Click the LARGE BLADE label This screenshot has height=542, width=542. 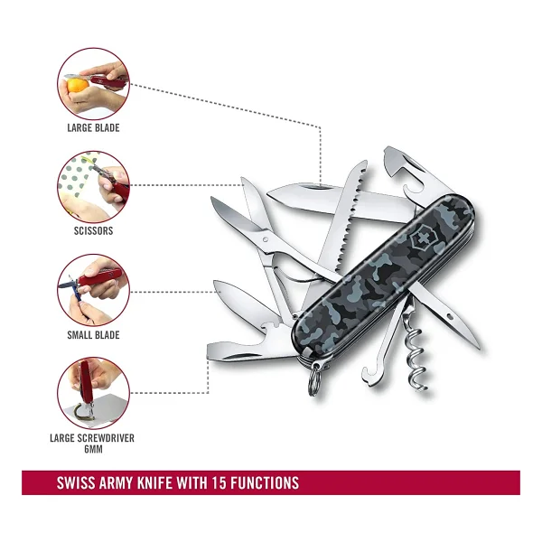pos(93,128)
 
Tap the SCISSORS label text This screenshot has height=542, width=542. pos(93,231)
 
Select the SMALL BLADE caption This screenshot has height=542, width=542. pos(93,335)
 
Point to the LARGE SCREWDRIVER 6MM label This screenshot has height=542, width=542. pos(92,444)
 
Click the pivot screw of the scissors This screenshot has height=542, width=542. pos(265,239)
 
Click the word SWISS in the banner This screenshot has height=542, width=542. pos(75,482)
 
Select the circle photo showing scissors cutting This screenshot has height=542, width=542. pos(93,187)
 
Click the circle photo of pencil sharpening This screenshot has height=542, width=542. pos(93,290)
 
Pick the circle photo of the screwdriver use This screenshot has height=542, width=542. pos(93,393)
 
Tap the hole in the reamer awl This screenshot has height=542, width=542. pos(450,316)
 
